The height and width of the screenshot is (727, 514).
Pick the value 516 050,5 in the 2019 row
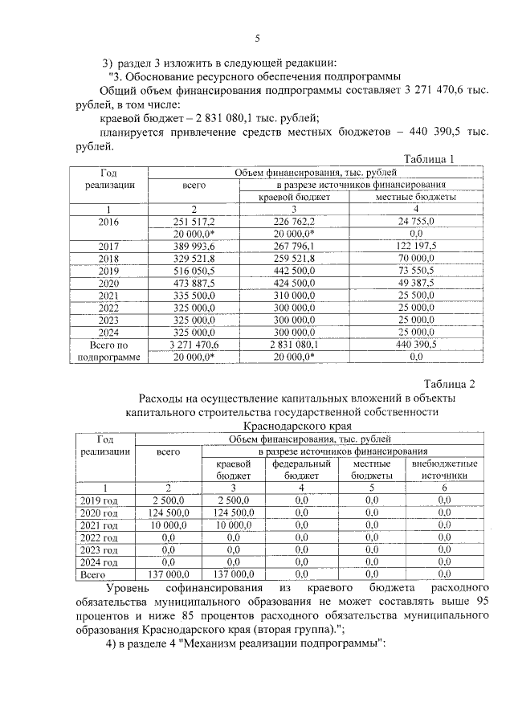(x=194, y=272)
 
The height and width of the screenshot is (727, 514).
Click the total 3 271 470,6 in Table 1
(x=194, y=343)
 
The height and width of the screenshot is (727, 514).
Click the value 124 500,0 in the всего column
(x=169, y=512)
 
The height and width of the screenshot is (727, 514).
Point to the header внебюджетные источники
(x=444, y=470)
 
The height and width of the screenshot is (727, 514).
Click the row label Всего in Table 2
(x=95, y=575)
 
